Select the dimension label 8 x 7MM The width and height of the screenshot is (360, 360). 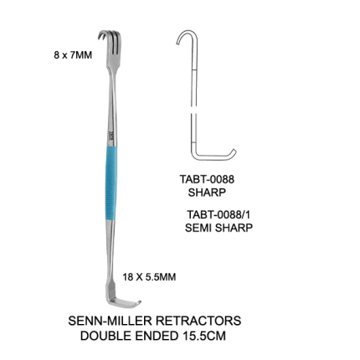[x=73, y=55]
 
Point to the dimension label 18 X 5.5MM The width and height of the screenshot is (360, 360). [x=149, y=277]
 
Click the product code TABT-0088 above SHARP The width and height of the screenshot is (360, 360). [x=207, y=179]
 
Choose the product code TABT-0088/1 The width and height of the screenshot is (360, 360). [x=219, y=215]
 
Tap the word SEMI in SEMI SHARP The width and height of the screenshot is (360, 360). [x=198, y=228]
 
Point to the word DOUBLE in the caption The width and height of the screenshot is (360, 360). [x=105, y=336]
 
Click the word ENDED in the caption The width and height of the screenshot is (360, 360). [x=157, y=336]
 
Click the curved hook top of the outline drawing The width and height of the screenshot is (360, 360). [x=187, y=32]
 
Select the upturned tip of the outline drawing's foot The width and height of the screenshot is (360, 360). [x=234, y=153]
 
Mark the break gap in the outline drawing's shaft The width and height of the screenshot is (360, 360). [x=193, y=110]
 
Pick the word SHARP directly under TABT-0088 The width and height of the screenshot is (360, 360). [x=207, y=193]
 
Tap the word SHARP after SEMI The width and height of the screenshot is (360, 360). [x=234, y=228]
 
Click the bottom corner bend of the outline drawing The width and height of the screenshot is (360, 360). [x=194, y=157]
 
